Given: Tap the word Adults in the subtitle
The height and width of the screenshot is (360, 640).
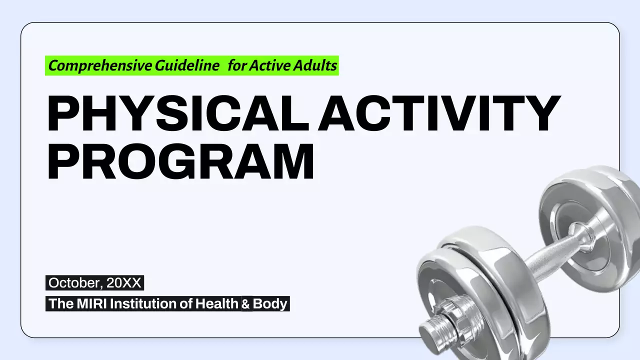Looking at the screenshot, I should (x=316, y=65).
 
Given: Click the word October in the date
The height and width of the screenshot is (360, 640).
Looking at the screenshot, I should (x=74, y=283).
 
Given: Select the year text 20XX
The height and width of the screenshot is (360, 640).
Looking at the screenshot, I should (x=124, y=283).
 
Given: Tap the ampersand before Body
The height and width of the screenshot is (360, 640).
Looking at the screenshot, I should (x=246, y=303).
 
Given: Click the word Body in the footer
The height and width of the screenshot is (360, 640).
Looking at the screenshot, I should (x=270, y=303).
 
